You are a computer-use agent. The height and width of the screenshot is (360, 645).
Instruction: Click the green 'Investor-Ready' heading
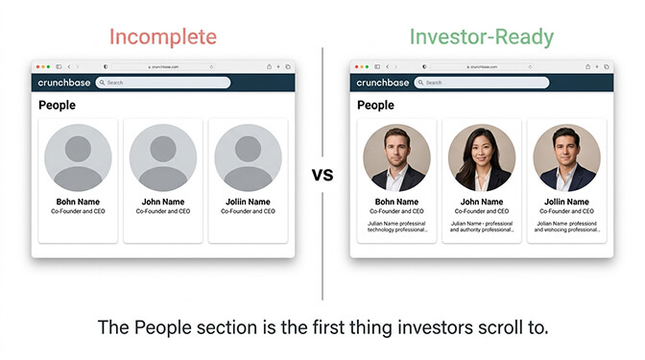tap(481, 36)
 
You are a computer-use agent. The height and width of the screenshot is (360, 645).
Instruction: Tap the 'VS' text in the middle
tap(323, 176)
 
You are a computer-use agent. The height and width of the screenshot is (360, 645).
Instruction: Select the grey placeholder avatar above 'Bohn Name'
tap(78, 156)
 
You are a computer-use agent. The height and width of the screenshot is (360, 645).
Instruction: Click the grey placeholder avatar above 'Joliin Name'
tap(248, 156)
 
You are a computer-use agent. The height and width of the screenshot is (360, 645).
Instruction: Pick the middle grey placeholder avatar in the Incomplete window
tap(162, 156)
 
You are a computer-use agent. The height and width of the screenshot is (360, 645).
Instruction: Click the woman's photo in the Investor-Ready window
tap(482, 156)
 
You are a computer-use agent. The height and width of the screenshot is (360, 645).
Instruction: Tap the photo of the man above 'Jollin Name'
tap(566, 156)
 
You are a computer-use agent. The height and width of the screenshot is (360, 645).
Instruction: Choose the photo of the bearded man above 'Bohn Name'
tap(396, 156)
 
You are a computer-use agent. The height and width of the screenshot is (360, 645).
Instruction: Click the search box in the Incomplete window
tap(163, 83)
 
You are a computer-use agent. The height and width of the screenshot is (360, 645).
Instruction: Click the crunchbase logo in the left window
tap(63, 83)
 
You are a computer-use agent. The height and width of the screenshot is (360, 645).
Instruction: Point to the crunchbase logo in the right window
tap(383, 83)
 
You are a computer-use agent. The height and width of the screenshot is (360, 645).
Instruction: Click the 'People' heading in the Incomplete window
tap(57, 105)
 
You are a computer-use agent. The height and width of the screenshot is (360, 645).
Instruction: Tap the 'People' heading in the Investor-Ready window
tap(375, 105)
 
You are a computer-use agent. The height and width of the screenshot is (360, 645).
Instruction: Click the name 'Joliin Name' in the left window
tap(248, 202)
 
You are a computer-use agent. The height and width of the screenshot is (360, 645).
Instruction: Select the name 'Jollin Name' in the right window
tap(566, 202)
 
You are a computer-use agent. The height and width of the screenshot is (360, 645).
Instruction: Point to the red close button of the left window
tap(38, 66)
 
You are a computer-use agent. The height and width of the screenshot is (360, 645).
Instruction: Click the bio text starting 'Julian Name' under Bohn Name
tap(396, 227)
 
